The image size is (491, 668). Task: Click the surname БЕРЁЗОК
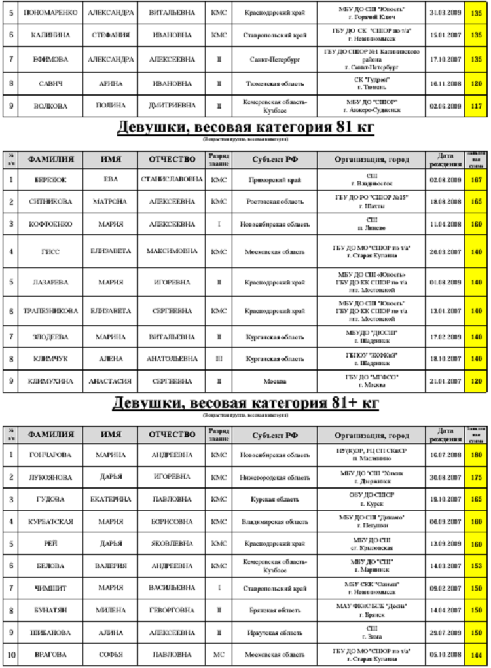[x=50, y=179]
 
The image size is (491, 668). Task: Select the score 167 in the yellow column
[x=477, y=179]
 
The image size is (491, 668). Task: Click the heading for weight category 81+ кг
[x=245, y=402]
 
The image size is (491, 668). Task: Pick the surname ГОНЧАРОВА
[x=50, y=454]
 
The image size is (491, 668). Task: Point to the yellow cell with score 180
[x=477, y=454]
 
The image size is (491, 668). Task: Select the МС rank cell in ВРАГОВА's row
[x=219, y=654]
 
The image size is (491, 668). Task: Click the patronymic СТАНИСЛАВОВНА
[x=172, y=179]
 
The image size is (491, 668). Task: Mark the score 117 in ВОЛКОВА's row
[x=477, y=105]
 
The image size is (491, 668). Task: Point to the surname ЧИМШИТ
[x=50, y=587]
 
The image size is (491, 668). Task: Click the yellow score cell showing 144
[x=477, y=654]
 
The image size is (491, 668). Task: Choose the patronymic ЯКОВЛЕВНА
[x=172, y=544]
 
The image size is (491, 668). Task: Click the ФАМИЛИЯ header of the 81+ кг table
[x=50, y=434]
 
